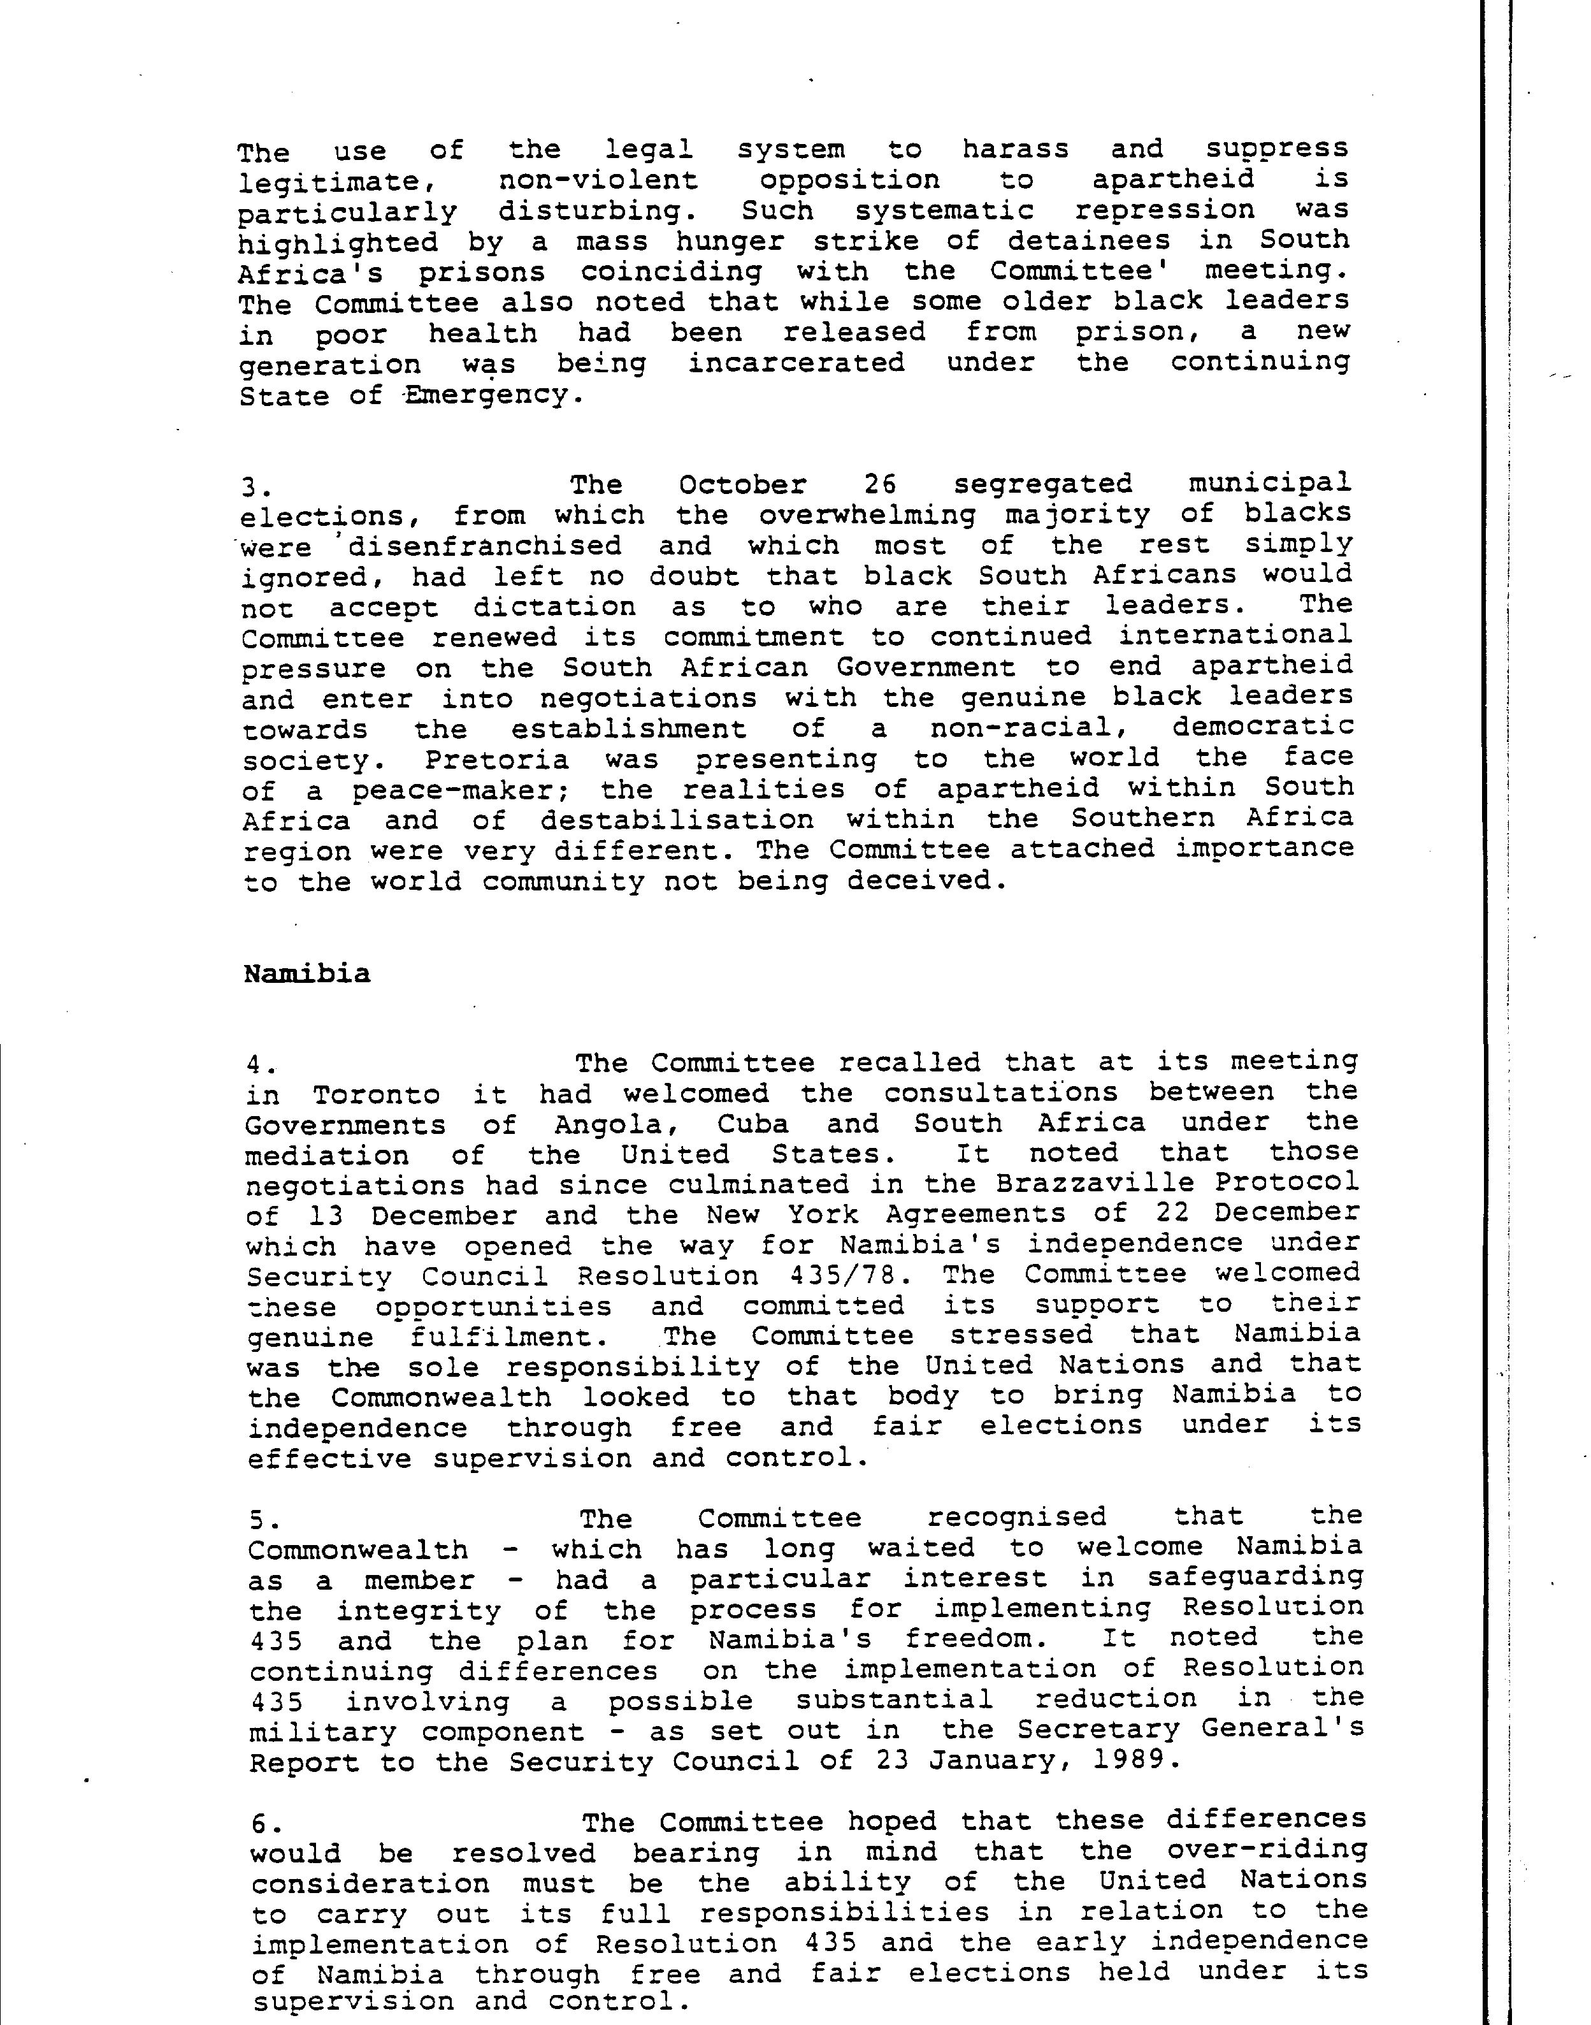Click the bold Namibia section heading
click(x=306, y=974)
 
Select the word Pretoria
click(x=496, y=760)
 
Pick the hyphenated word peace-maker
click(x=466, y=790)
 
